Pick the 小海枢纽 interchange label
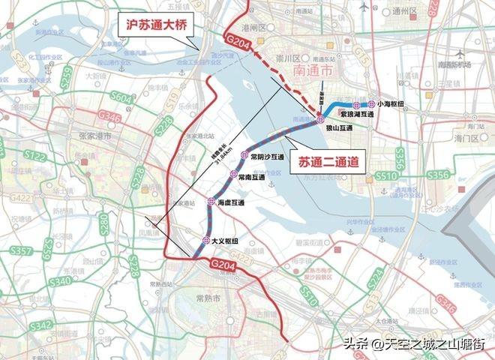click(x=394, y=104)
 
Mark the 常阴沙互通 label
click(x=267, y=157)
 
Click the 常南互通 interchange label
click(x=252, y=178)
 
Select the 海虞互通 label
click(x=231, y=202)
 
